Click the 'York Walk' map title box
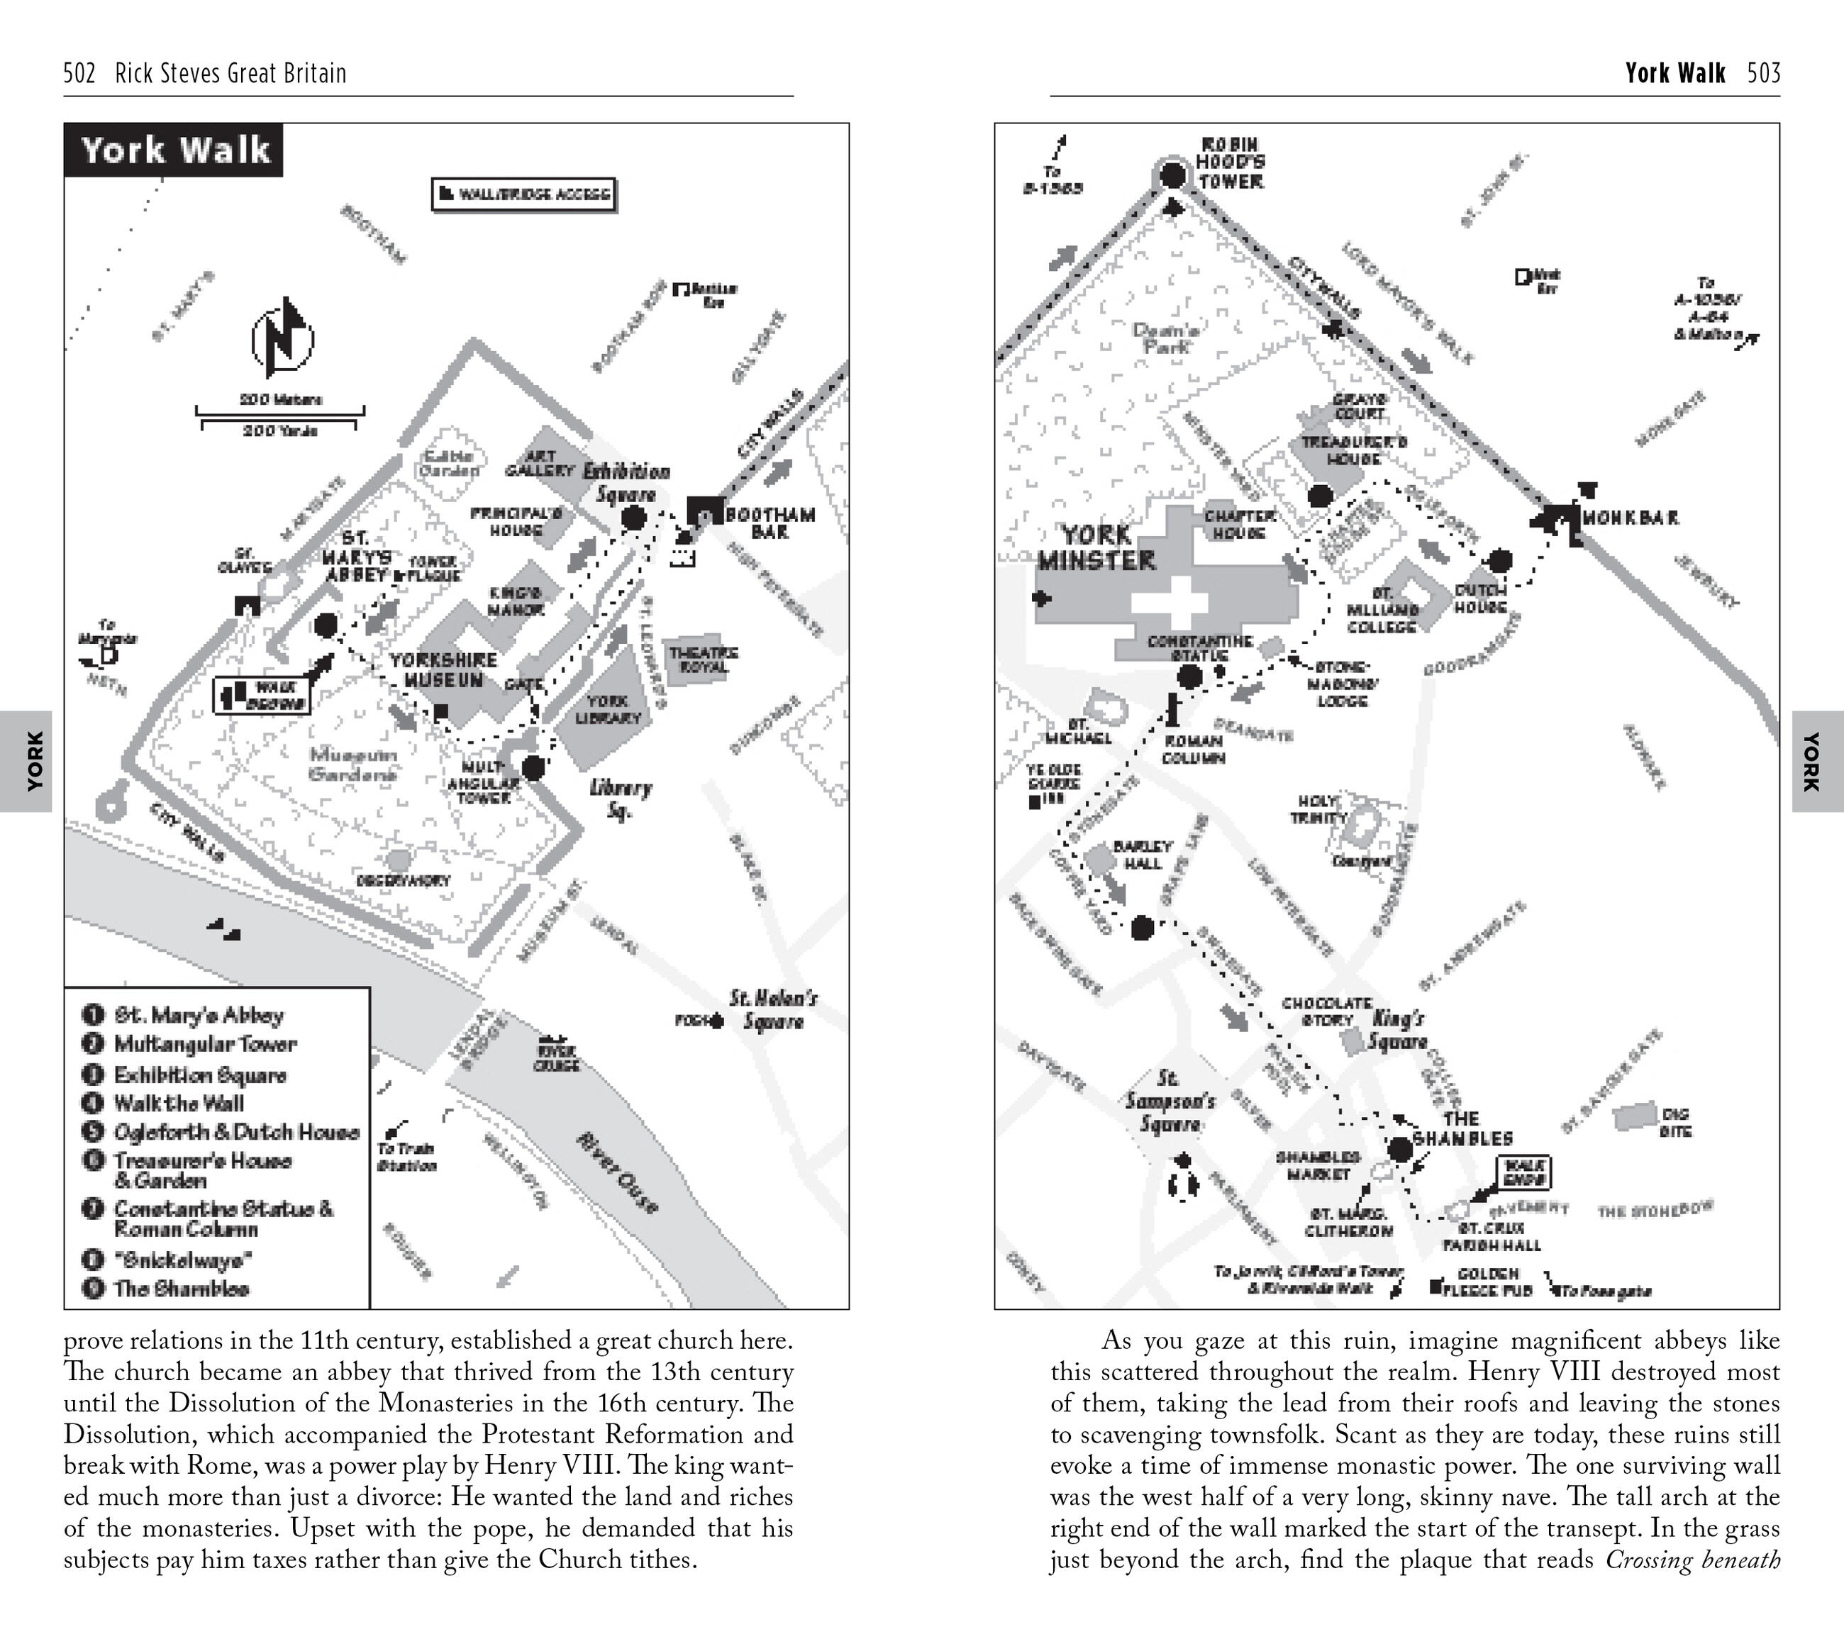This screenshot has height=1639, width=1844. click(x=174, y=150)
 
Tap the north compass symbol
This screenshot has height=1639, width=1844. click(x=282, y=339)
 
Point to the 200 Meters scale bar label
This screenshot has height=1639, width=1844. click(x=281, y=399)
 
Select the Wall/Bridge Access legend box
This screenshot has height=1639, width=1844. click(x=524, y=194)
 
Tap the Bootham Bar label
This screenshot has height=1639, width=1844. click(x=770, y=523)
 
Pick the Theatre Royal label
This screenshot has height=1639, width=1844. click(x=703, y=660)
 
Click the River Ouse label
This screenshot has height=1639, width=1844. click(x=618, y=1172)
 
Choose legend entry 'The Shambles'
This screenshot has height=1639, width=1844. click(x=180, y=1288)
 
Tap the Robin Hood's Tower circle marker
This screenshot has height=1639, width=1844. click(x=1172, y=175)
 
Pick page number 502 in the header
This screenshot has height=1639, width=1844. click(x=79, y=73)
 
